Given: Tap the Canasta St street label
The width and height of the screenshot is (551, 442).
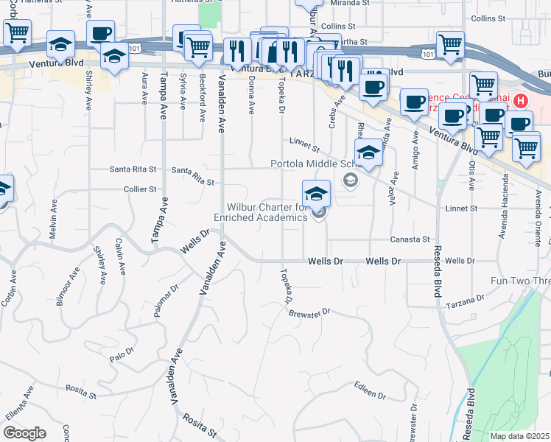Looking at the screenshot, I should tap(411, 239).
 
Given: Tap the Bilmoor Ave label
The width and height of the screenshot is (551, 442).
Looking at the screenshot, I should tap(71, 286).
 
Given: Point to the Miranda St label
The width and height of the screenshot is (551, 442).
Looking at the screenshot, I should tap(349, 3).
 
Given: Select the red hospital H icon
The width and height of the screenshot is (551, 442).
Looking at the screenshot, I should tap(522, 100).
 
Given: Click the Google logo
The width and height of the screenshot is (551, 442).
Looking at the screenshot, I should tap(24, 433).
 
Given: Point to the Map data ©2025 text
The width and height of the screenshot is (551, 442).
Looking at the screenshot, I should tap(519, 436).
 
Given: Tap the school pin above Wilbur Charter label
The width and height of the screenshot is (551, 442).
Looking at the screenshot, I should tap(316, 193).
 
